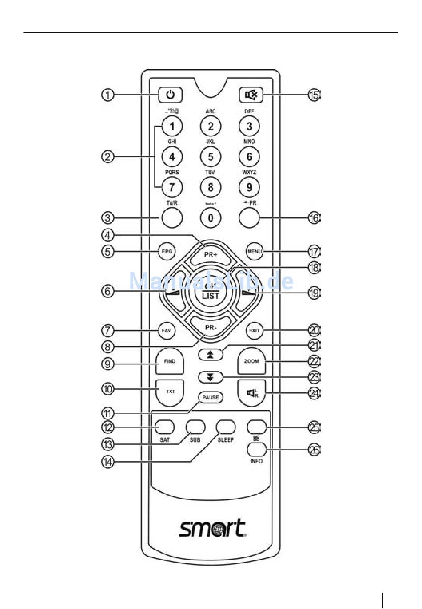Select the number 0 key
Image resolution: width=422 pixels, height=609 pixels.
pyautogui.click(x=211, y=218)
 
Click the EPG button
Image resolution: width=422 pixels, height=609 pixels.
pyautogui.click(x=167, y=251)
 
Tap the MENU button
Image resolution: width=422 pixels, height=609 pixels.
pyautogui.click(x=255, y=251)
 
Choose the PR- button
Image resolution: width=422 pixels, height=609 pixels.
pyautogui.click(x=211, y=328)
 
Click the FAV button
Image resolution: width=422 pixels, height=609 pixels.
pyautogui.click(x=167, y=331)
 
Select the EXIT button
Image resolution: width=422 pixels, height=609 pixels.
pyautogui.click(x=255, y=331)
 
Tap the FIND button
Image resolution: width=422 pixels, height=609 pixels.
pyautogui.click(x=170, y=361)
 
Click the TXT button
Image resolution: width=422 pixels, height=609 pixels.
pyautogui.click(x=170, y=391)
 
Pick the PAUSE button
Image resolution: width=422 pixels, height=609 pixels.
pyautogui.click(x=211, y=397)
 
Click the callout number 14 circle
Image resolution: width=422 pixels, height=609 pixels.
pyautogui.click(x=107, y=462)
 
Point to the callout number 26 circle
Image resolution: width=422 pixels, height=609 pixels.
pyautogui.click(x=314, y=450)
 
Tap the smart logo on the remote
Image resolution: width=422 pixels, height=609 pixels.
pyautogui.click(x=212, y=528)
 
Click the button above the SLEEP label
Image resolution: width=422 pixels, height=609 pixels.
pyautogui.click(x=226, y=427)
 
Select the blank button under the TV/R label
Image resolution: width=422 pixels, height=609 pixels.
pyautogui.click(x=171, y=218)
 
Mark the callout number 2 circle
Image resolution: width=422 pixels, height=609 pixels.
pyautogui.click(x=107, y=157)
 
